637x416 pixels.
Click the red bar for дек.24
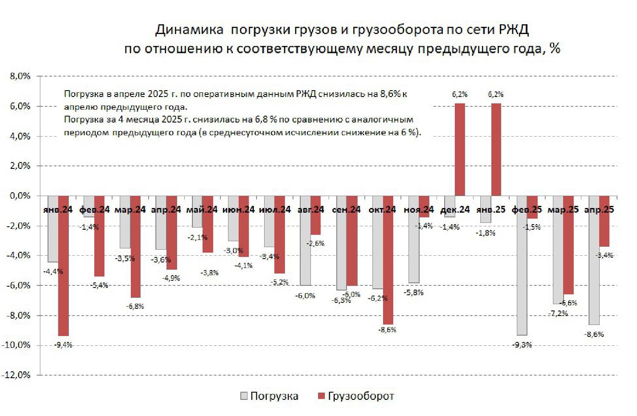459,149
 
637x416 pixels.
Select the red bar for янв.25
496,149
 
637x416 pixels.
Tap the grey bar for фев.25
521,265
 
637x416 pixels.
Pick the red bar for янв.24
63,266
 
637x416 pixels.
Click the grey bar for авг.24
305,240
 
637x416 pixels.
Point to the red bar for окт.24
388,260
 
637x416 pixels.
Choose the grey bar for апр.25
594,260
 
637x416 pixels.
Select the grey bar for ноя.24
414,239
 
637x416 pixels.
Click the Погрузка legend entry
269,396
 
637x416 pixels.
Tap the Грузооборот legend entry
356,396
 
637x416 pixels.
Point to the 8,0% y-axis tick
20,77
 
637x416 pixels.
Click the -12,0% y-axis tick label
18,375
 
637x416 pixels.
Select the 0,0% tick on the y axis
20,196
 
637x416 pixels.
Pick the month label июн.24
239,210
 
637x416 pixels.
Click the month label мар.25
563,210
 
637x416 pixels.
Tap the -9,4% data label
63,345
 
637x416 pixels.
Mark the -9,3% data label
522,345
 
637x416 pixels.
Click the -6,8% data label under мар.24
135,306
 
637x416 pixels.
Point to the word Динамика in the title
189,30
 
